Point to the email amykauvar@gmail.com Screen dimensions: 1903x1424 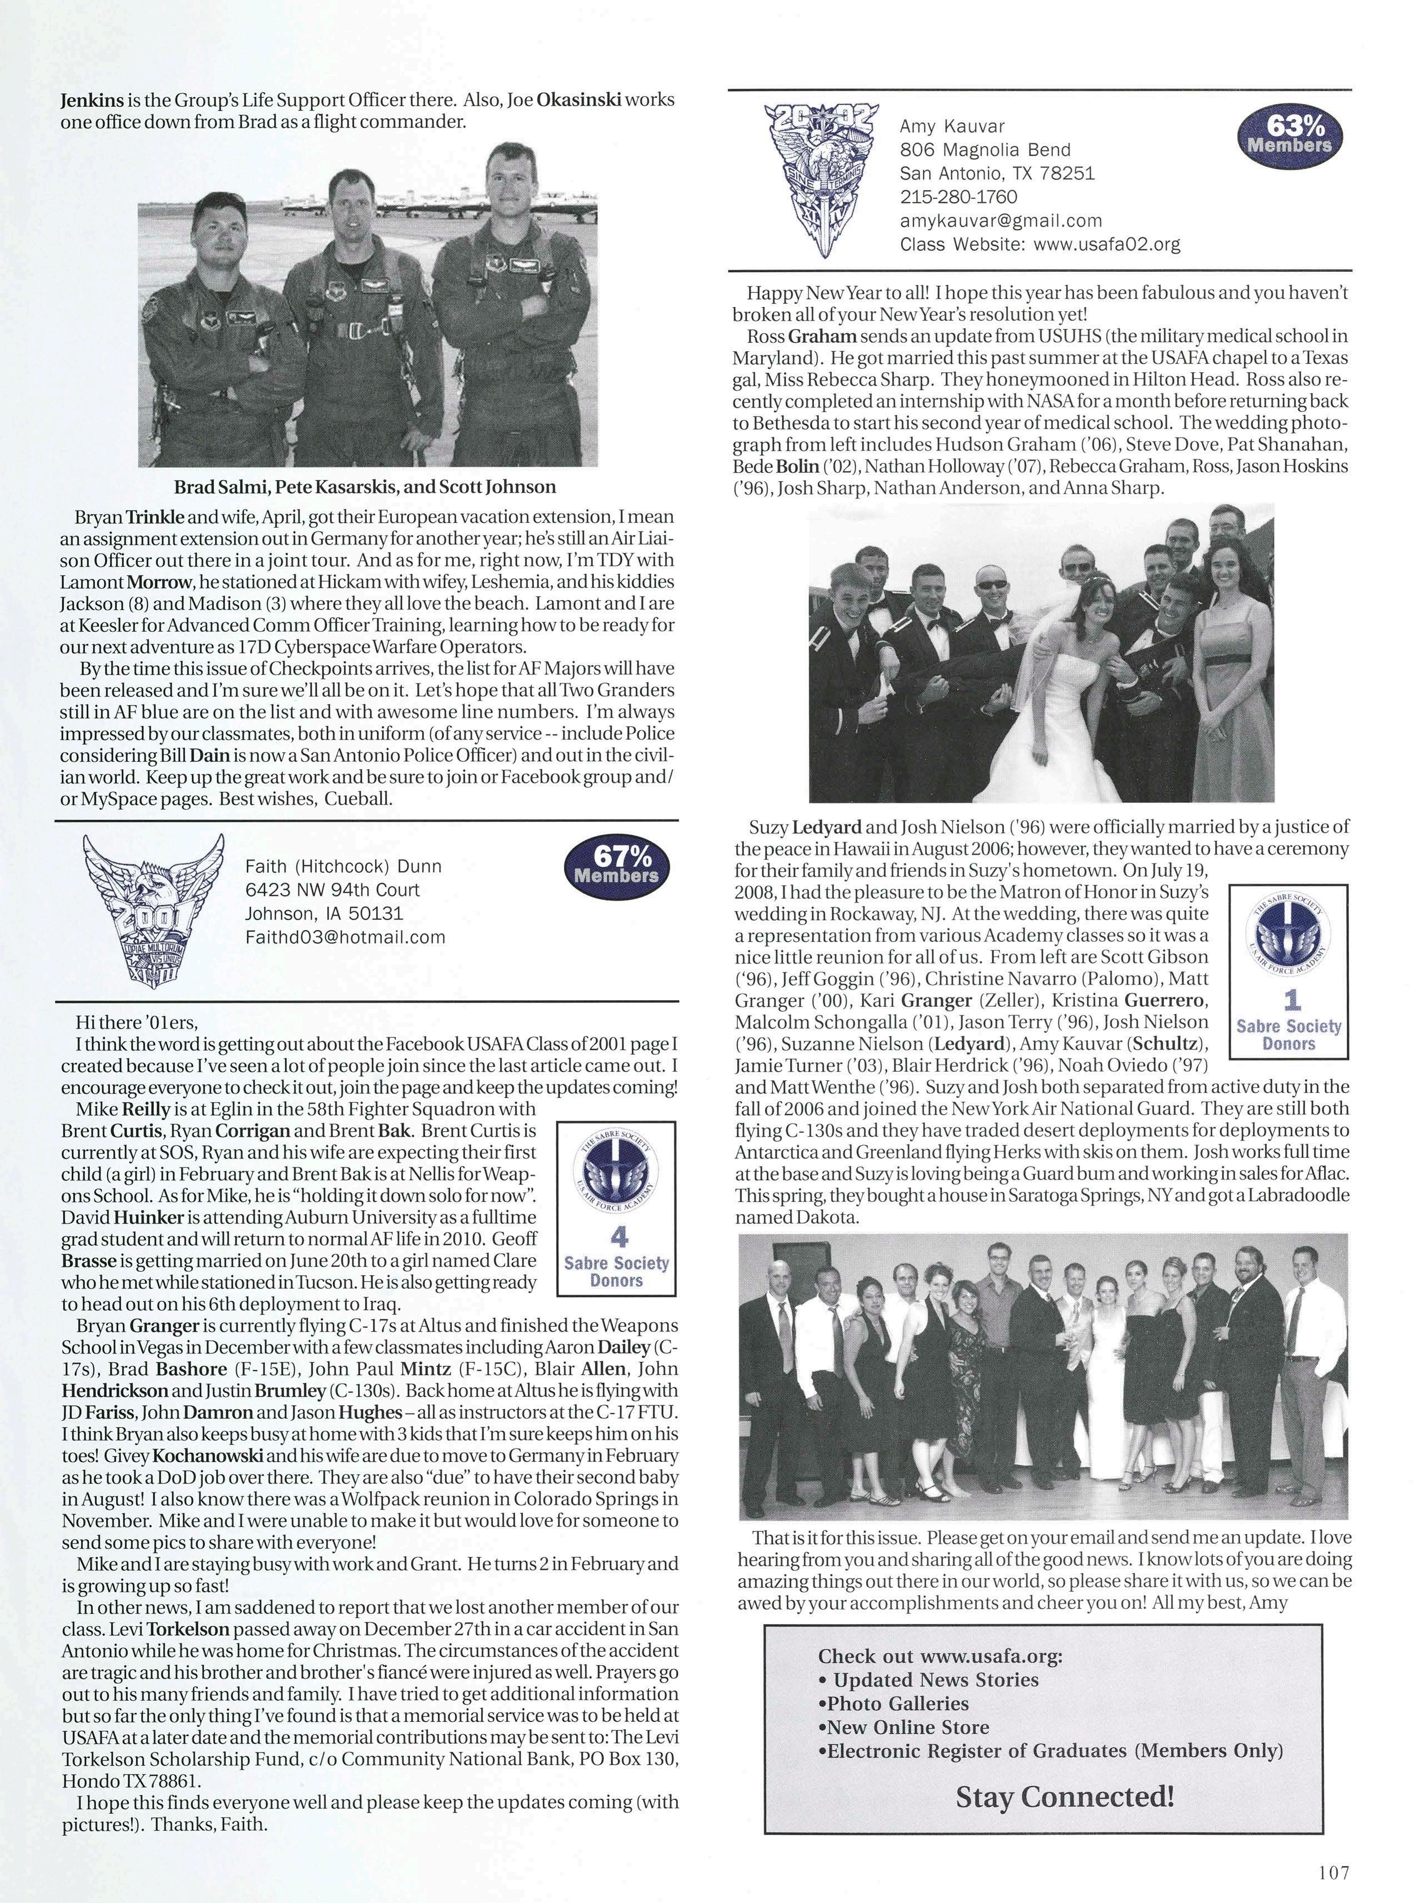1001,220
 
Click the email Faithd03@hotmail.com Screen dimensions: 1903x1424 345,937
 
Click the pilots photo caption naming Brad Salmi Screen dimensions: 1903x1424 365,487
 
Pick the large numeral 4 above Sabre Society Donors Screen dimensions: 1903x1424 617,1238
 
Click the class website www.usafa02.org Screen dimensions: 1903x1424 1106,244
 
